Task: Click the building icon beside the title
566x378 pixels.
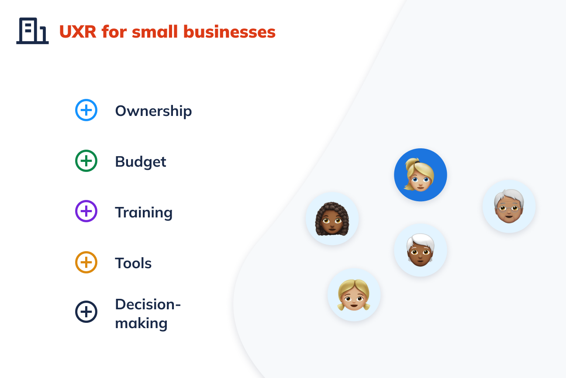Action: tap(32, 31)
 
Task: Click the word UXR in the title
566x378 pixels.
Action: tap(78, 32)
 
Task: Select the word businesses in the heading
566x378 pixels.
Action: tap(229, 31)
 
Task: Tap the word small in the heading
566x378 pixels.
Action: tap(155, 31)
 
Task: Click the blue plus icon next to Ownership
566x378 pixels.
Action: tap(86, 110)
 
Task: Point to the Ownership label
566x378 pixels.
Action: tap(153, 111)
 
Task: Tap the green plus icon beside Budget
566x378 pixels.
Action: tap(86, 161)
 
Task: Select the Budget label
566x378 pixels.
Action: tap(141, 162)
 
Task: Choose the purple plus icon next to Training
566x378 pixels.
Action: tap(86, 211)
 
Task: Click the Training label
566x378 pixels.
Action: tap(144, 213)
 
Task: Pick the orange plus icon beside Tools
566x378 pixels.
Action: tap(86, 262)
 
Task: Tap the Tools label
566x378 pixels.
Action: tap(133, 263)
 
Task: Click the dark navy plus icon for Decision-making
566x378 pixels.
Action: tap(86, 311)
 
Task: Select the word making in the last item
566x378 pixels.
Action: tap(141, 323)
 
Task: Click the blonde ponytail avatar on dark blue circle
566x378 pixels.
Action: tap(421, 175)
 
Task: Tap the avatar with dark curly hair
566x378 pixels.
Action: tap(332, 219)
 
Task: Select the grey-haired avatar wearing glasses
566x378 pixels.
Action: tap(509, 206)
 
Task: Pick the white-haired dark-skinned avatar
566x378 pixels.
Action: tap(421, 250)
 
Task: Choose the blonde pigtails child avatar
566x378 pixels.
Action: tap(354, 295)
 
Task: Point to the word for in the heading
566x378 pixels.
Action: tap(114, 31)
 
